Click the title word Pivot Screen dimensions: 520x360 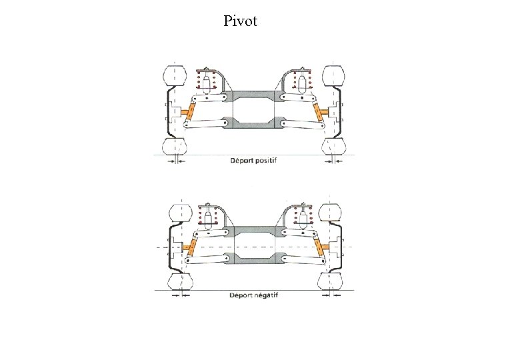click(241, 21)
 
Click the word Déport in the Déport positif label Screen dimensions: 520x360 click(243, 160)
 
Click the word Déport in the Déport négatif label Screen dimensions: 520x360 click(242, 294)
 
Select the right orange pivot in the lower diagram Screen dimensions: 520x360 click(323, 248)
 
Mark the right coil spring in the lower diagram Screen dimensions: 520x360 click(302, 216)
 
